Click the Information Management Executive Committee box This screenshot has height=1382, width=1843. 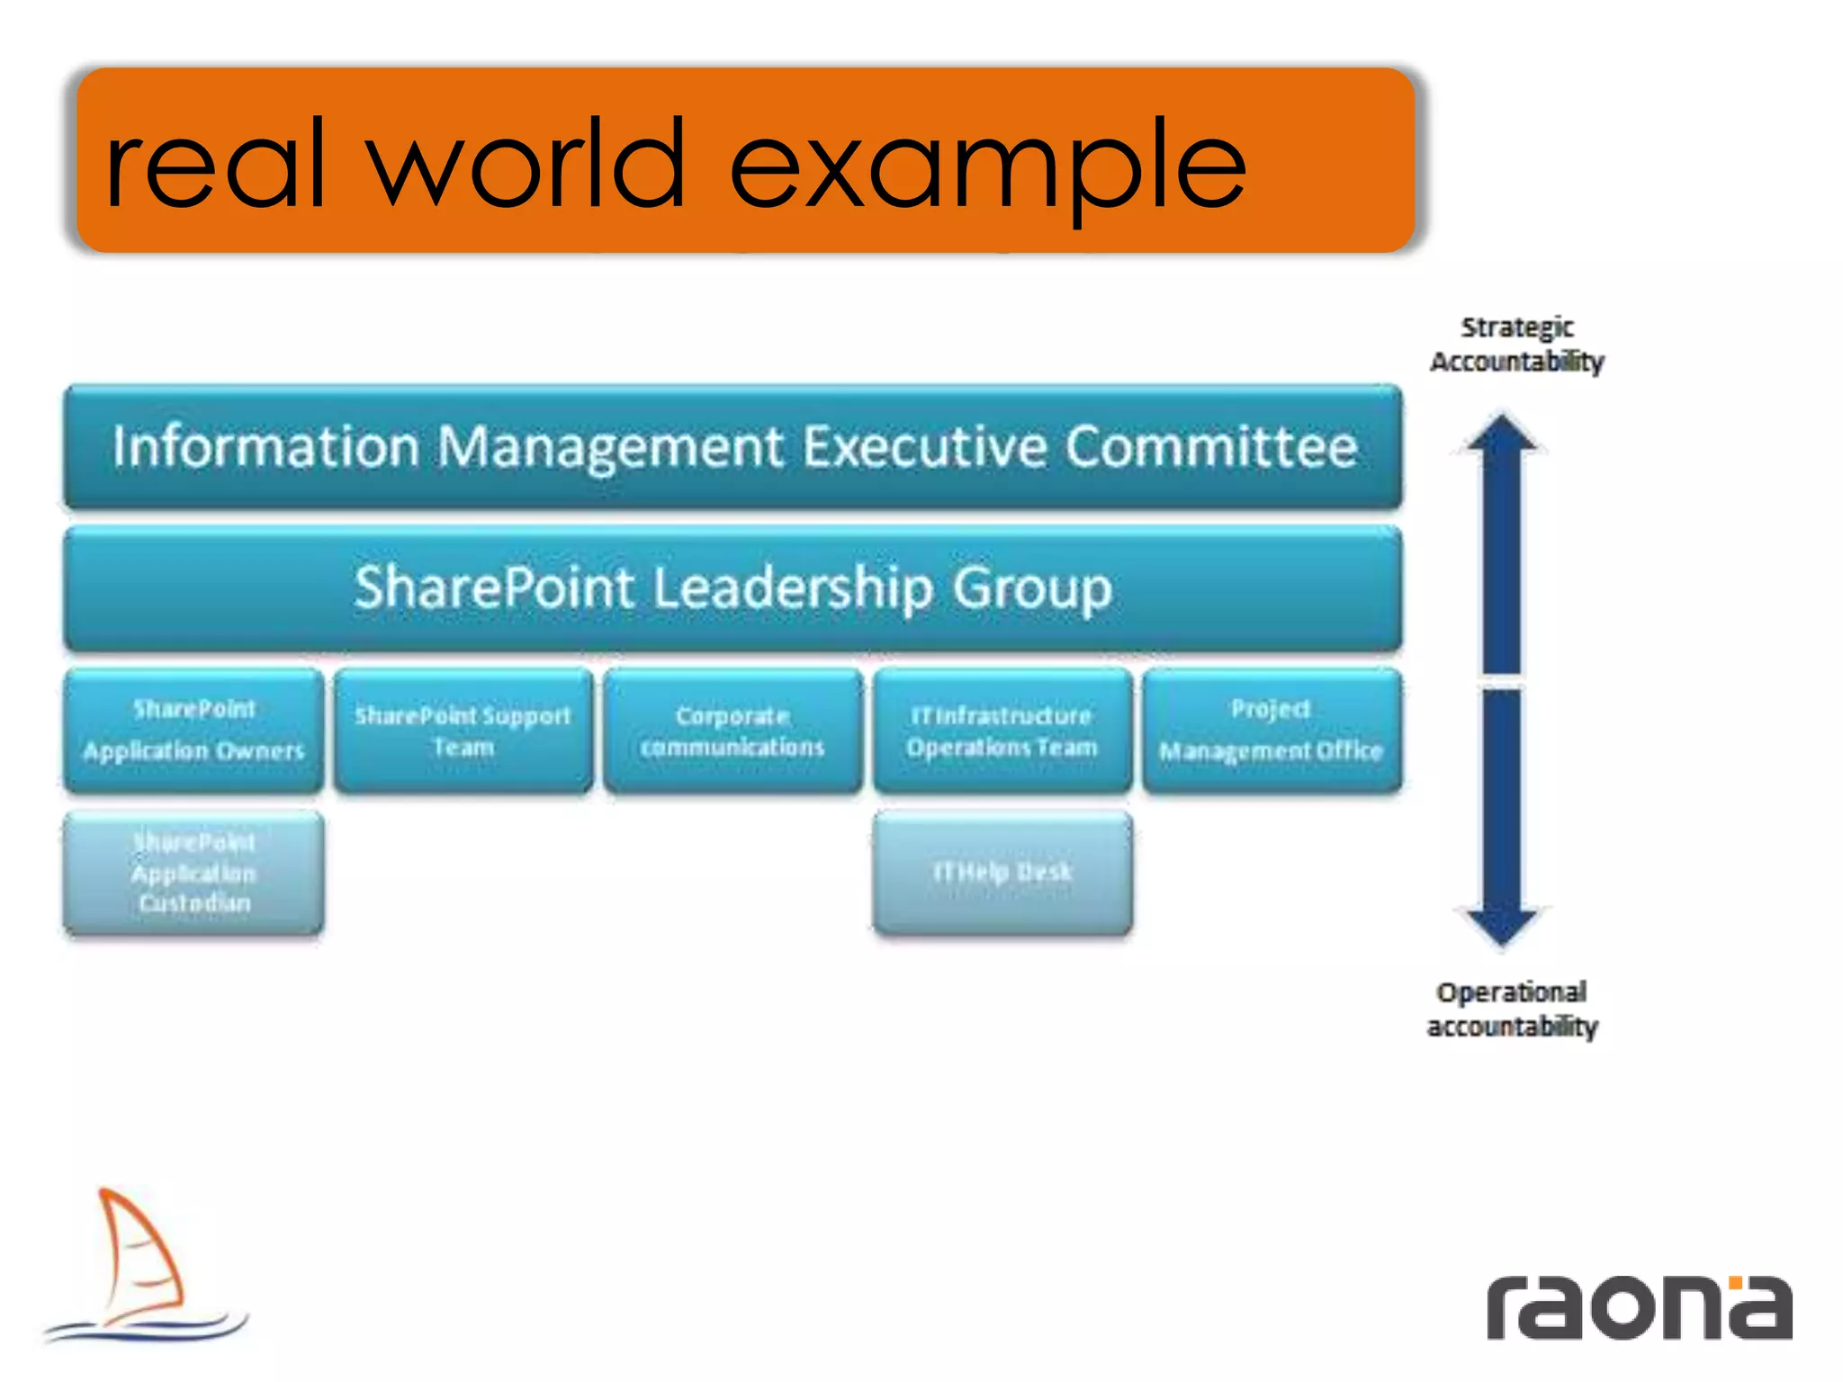tap(733, 447)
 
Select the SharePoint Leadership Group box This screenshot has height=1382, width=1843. tap(733, 588)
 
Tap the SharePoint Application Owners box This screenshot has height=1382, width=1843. tap(194, 730)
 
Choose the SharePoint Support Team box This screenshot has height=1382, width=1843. tap(463, 730)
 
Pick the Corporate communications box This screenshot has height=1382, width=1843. tap(733, 730)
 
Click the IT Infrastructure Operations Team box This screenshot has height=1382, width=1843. tap(1002, 730)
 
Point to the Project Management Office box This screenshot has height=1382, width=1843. tap(1272, 730)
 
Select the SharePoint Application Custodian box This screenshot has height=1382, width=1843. tap(194, 872)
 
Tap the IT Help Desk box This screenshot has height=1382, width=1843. tap(1002, 872)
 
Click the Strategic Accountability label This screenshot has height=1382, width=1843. tap(1517, 344)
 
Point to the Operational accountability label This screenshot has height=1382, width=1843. tap(1512, 1009)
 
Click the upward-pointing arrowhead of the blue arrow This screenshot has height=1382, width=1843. tap(1502, 434)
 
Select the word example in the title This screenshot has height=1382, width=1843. tap(987, 167)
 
